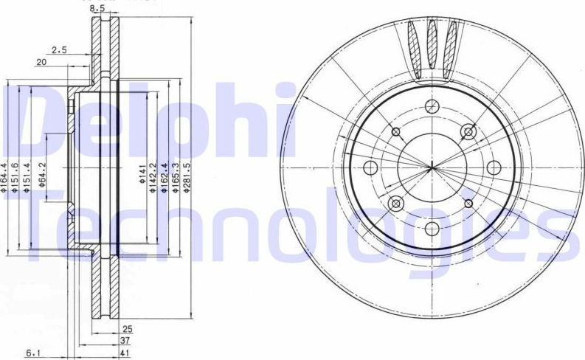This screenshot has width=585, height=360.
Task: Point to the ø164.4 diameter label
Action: tap(4, 177)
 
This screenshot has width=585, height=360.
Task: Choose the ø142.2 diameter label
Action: tap(153, 177)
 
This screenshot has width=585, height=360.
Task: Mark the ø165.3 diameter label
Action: tap(175, 177)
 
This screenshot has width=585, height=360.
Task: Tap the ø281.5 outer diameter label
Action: tap(187, 177)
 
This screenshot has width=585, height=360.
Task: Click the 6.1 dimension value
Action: tap(32, 353)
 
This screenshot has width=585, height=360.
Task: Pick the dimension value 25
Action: tap(127, 328)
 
